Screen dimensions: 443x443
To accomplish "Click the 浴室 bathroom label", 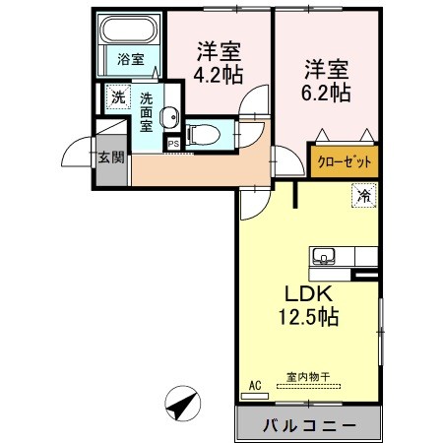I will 130,59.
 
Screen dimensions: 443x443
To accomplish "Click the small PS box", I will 173,144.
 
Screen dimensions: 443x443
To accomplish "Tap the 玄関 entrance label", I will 108,156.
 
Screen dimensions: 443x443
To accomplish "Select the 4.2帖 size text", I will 218,74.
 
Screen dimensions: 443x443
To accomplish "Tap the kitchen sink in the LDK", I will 323,258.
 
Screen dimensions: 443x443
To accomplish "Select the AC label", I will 255,384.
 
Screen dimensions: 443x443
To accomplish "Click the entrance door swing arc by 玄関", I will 79,150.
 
